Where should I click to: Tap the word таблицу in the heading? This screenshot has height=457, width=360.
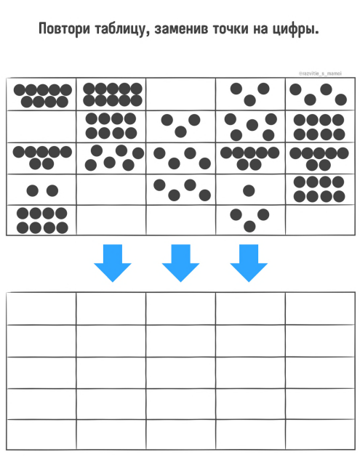click(x=120, y=30)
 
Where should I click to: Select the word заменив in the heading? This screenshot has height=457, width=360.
click(x=181, y=29)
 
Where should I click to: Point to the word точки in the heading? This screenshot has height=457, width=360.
click(x=231, y=30)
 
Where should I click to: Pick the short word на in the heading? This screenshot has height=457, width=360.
click(x=260, y=30)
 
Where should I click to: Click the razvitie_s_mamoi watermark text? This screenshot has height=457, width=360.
click(x=320, y=73)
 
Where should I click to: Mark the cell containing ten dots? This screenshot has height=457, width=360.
click(x=111, y=94)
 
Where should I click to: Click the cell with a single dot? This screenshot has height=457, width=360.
click(x=250, y=190)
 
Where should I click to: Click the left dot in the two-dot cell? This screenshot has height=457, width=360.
click(x=33, y=190)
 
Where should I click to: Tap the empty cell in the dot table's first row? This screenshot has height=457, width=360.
click(x=180, y=94)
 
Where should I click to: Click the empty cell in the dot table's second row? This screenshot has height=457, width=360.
click(x=41, y=126)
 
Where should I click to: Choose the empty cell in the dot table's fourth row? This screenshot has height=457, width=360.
click(x=111, y=190)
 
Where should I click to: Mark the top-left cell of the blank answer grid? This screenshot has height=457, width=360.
click(x=41, y=308)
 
